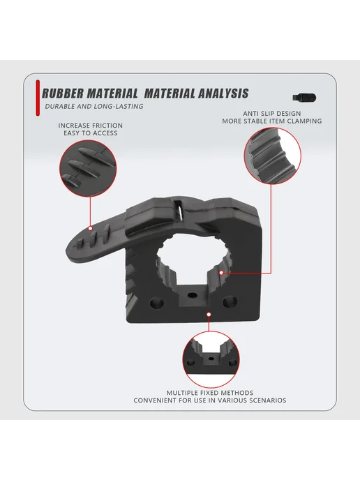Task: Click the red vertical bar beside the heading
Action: (x=38, y=98)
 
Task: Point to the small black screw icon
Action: (x=304, y=98)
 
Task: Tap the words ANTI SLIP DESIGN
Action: (x=272, y=114)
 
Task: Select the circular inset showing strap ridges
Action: (x=88, y=168)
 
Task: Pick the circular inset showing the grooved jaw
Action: (x=273, y=156)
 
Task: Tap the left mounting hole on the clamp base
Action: (x=157, y=303)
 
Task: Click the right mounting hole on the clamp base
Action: (x=230, y=301)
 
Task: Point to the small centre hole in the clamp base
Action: (x=193, y=295)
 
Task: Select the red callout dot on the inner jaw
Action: (x=222, y=273)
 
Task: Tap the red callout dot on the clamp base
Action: (x=209, y=315)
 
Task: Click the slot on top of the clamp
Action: (x=179, y=210)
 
